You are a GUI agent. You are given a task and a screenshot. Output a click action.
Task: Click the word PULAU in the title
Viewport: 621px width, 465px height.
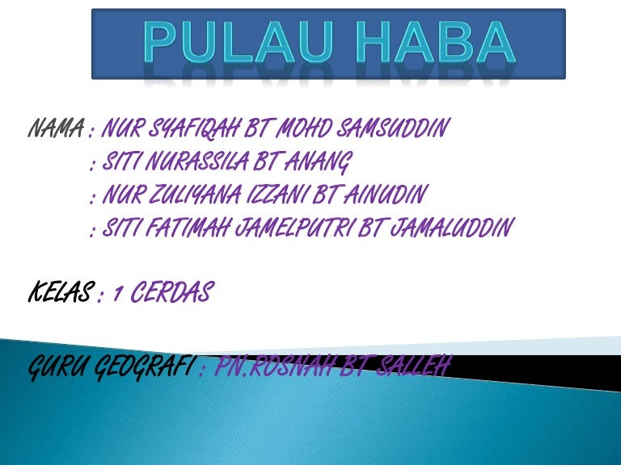click(231, 43)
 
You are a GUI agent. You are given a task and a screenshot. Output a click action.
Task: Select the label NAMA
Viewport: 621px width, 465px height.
click(56, 128)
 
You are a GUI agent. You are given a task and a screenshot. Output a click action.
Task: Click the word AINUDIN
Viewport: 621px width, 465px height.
click(386, 196)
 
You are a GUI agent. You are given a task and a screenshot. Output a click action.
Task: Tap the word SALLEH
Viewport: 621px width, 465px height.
click(420, 369)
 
